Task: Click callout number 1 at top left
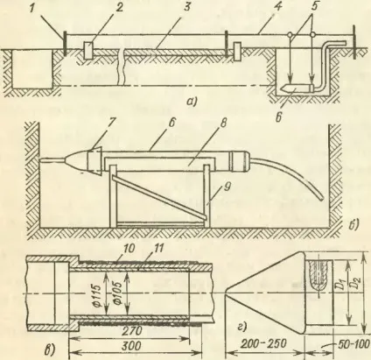pyautogui.click(x=33, y=7)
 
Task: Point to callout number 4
pyautogui.click(x=279, y=7)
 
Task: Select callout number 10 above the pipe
pyautogui.click(x=131, y=249)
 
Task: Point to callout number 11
pyautogui.click(x=159, y=249)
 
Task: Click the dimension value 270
pyautogui.click(x=131, y=331)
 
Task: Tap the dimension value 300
pyautogui.click(x=131, y=346)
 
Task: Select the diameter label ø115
pyautogui.click(x=98, y=293)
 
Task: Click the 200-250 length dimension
pyautogui.click(x=263, y=344)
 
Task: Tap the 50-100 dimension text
pyautogui.click(x=353, y=344)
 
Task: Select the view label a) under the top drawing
pyautogui.click(x=192, y=102)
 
